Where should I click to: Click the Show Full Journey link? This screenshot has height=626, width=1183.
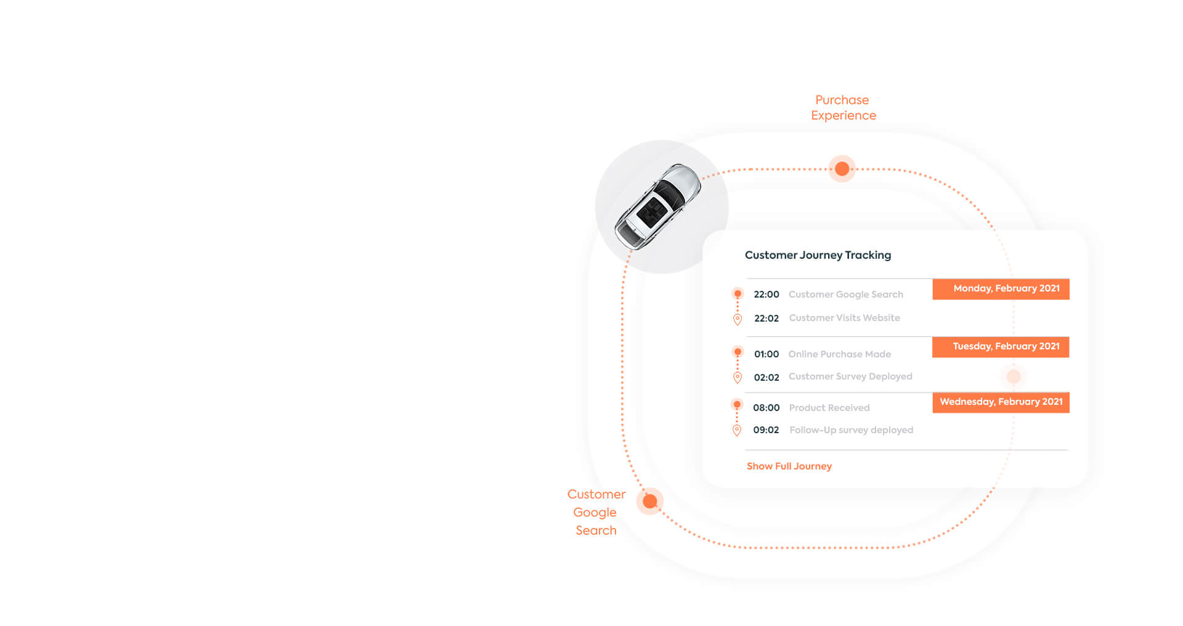click(x=789, y=466)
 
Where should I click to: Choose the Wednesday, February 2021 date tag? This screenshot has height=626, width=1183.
click(x=1001, y=402)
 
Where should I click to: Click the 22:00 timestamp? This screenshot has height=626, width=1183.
click(x=766, y=295)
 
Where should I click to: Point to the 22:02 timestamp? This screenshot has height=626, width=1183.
click(x=766, y=319)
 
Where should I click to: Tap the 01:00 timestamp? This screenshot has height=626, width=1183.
click(x=766, y=354)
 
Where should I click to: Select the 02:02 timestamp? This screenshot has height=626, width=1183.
click(x=766, y=378)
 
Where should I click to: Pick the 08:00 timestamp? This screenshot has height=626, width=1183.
click(x=766, y=408)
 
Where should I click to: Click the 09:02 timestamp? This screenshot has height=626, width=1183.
click(x=766, y=430)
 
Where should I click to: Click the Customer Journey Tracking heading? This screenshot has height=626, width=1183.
click(x=818, y=255)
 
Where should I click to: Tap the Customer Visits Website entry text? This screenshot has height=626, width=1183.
click(x=844, y=318)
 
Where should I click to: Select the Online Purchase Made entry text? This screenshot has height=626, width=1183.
click(x=839, y=354)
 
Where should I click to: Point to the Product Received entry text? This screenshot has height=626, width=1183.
click(x=829, y=408)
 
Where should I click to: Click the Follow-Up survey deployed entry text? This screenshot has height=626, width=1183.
click(x=851, y=430)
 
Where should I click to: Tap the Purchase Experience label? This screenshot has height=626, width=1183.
click(x=843, y=108)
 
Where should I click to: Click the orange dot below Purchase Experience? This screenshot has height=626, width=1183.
click(x=842, y=169)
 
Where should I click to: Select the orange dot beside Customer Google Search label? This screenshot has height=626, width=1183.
click(x=649, y=502)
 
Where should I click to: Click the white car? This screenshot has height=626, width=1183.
click(x=658, y=206)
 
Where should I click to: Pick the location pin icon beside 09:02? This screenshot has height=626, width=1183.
click(x=736, y=431)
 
